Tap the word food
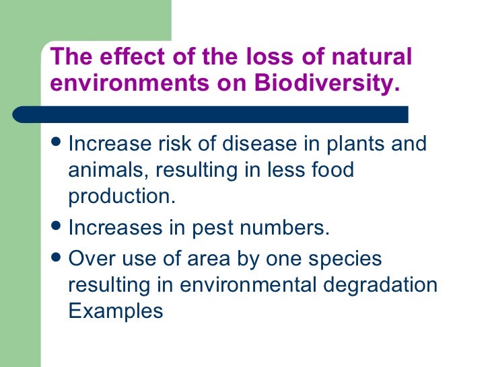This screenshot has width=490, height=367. pos(329,169)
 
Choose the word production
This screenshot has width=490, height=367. pos(120,196)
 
